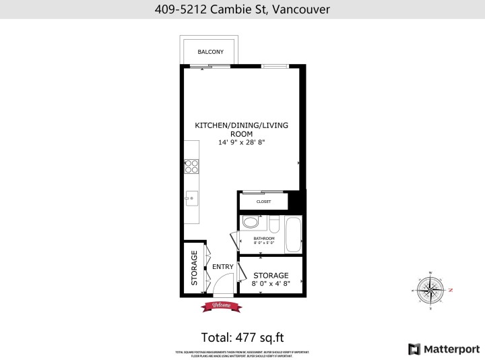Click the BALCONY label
[x=210, y=52]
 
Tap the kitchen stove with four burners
[x=191, y=165]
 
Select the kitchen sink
[x=191, y=198]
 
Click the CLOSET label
[x=263, y=202]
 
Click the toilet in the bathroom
[x=251, y=222]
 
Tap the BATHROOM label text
[x=263, y=238]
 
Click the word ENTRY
[x=222, y=267]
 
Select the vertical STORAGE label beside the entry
[x=194, y=268]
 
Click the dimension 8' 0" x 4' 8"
[x=271, y=284]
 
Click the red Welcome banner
[x=222, y=305]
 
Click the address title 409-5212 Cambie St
[x=242, y=9]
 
